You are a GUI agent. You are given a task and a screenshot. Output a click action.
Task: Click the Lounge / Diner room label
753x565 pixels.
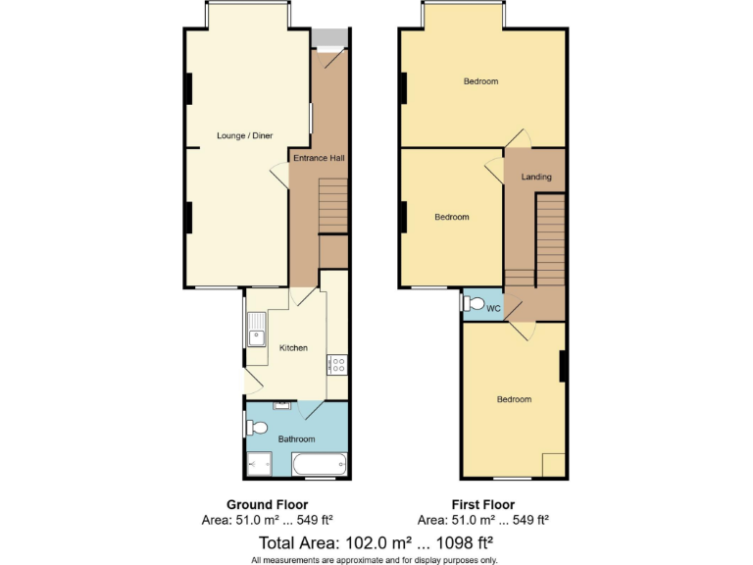click(244, 135)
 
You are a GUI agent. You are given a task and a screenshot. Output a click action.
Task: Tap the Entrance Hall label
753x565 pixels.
click(318, 157)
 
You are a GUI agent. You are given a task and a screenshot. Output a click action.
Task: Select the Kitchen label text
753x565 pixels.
click(293, 348)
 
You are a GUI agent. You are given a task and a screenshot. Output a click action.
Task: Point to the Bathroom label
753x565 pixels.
click(296, 438)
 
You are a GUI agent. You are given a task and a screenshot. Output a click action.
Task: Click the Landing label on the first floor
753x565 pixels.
click(535, 178)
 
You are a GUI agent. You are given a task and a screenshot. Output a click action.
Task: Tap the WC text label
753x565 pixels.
click(493, 309)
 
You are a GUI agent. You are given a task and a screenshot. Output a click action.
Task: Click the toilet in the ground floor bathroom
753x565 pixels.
click(257, 428)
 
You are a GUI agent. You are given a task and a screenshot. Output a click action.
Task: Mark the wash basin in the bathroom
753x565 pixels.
click(283, 404)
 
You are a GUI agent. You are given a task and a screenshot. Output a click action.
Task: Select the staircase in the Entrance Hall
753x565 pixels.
click(333, 206)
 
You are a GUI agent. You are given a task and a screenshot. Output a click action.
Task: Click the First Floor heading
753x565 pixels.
click(482, 505)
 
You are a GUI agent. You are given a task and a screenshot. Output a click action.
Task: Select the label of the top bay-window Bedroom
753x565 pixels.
click(480, 81)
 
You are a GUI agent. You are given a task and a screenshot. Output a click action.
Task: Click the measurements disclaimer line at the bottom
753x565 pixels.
click(376, 559)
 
